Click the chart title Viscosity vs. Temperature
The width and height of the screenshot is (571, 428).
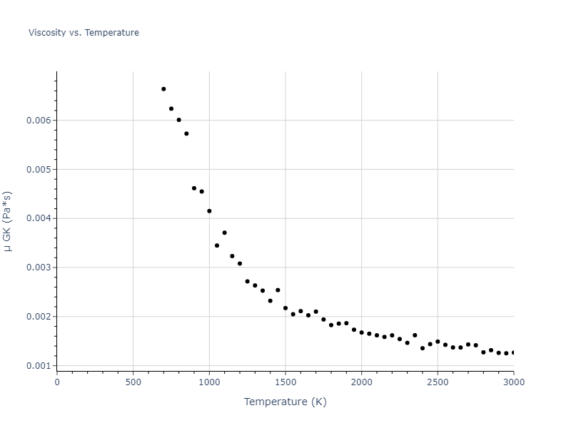pos(84,33)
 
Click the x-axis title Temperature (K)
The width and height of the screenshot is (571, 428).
pos(285,402)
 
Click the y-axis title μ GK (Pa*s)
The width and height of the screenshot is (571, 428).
pos(8,220)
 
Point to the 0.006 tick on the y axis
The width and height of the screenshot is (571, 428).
pos(39,121)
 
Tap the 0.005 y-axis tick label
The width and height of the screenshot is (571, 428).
pos(39,170)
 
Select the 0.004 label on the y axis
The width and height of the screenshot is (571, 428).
pos(39,218)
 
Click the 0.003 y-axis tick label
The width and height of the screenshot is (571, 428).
pos(39,267)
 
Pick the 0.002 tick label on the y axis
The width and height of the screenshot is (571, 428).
pos(39,317)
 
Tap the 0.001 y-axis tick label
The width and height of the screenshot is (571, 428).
pos(39,366)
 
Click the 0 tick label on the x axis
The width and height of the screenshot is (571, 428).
pos(57,382)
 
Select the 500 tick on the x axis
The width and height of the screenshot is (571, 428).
pos(133,382)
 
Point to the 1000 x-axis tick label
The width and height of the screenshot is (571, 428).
pos(209,382)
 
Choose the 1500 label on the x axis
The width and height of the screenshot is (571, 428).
pos(285,382)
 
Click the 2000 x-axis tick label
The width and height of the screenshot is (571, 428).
pos(361,382)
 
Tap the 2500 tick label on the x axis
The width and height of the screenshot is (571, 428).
pos(438,382)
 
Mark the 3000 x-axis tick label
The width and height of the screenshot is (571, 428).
pos(513,382)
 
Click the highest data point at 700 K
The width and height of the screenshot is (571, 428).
pos(163,89)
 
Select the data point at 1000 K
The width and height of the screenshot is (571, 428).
pos(209,211)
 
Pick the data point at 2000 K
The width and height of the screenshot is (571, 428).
pos(361,332)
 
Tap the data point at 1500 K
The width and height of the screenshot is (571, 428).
pos(285,308)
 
